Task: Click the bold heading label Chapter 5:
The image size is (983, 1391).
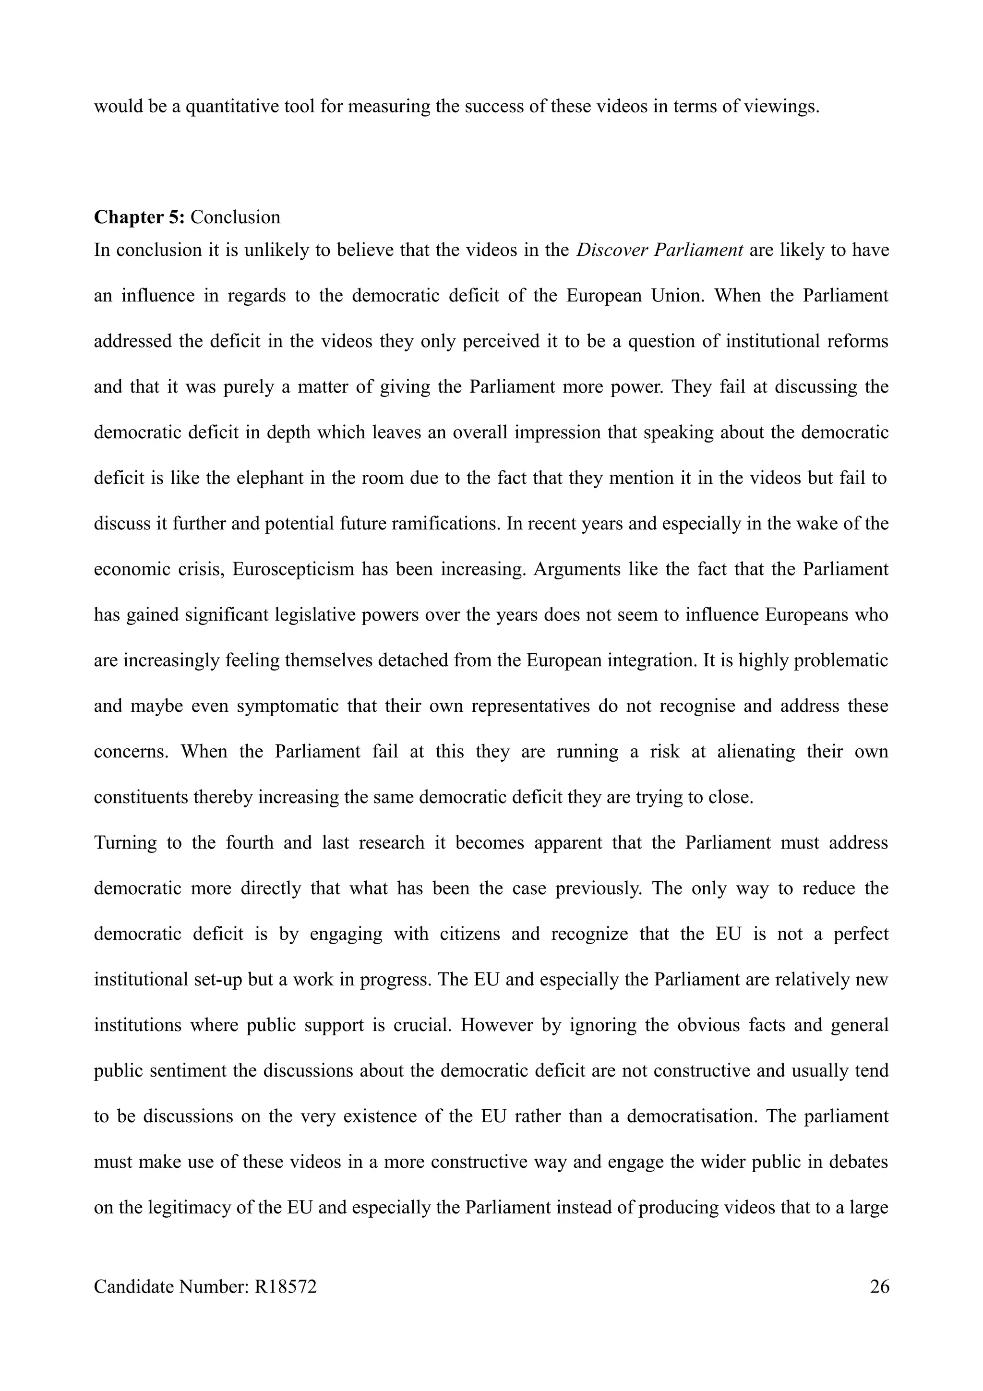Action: point(139,217)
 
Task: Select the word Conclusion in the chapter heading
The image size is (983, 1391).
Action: point(236,217)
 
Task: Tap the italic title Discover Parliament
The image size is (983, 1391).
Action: point(659,250)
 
